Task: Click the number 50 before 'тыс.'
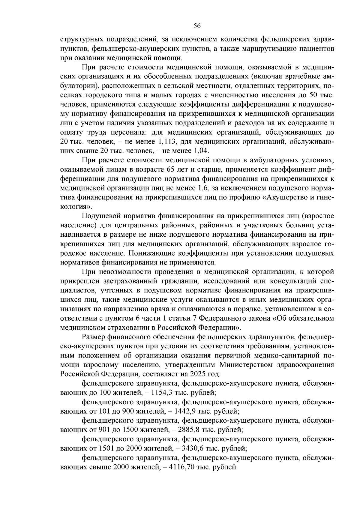(x=313, y=95)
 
